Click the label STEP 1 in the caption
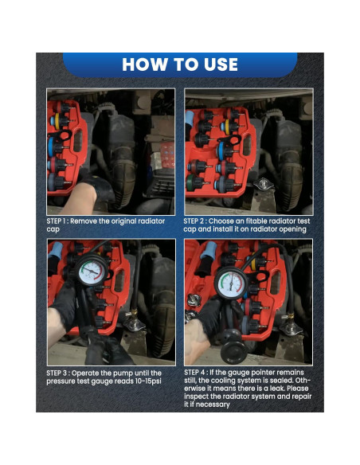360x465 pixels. [56, 221]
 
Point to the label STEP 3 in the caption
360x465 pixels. [57, 373]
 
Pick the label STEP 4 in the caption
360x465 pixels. [194, 373]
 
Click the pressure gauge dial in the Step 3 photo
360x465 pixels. [92, 272]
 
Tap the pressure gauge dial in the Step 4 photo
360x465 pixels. [231, 283]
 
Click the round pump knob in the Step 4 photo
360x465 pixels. [233, 352]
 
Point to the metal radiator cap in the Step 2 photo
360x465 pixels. [264, 184]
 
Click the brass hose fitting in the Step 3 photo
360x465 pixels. [134, 313]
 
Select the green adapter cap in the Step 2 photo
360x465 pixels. [193, 182]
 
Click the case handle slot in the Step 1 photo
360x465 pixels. [78, 141]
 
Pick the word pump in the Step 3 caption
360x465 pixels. [125, 373]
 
